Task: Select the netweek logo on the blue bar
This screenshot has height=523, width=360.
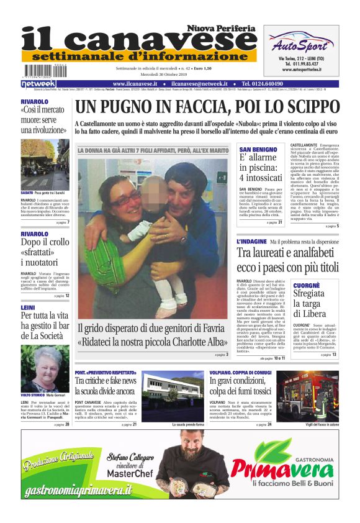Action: coord(38,84)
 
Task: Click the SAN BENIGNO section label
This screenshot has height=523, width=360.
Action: coord(254,150)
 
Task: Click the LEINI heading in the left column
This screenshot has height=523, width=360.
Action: coord(27,307)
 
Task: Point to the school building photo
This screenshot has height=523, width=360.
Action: coord(169,394)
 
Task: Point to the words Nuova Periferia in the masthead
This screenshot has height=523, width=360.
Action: coord(222,28)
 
